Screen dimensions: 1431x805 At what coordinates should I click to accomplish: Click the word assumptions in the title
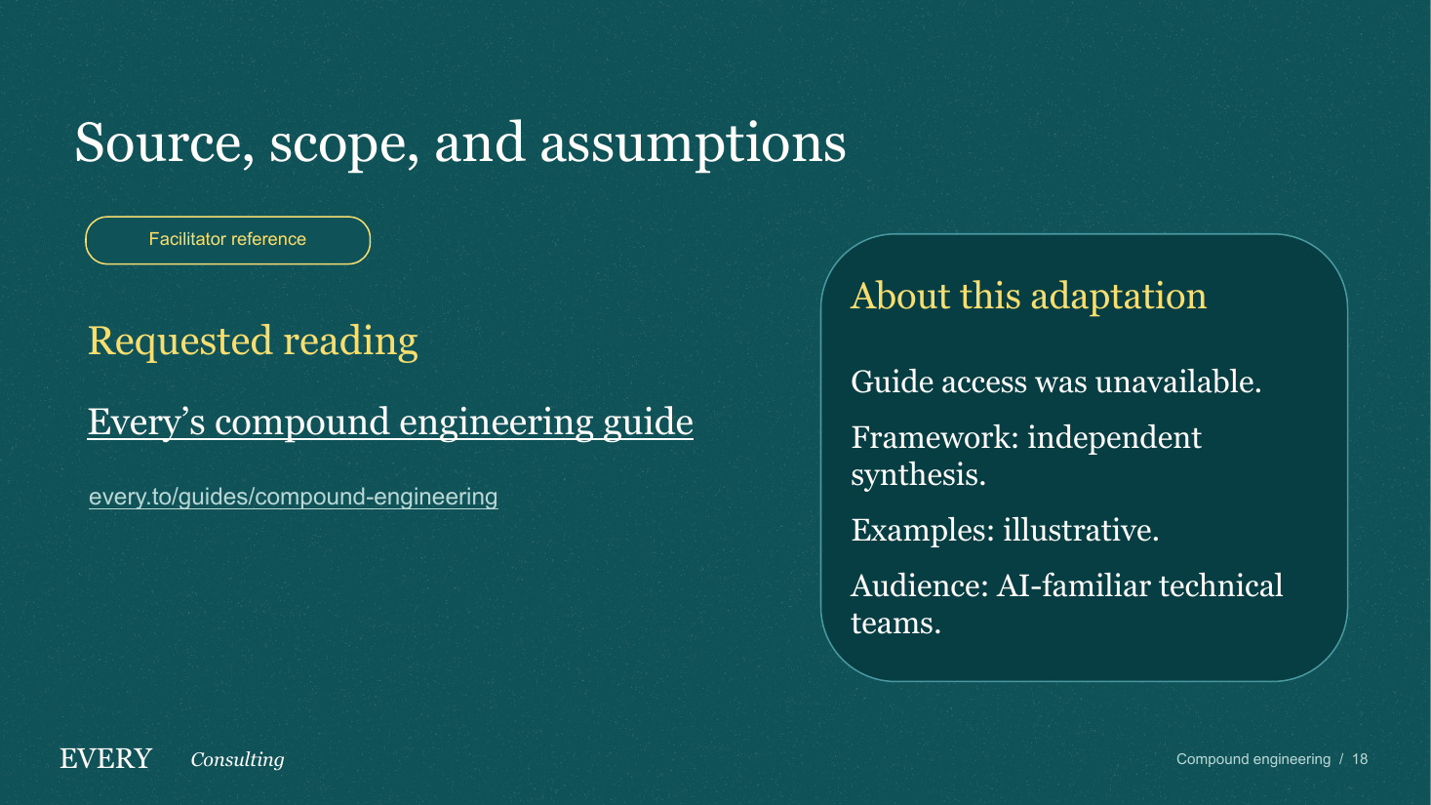point(693,144)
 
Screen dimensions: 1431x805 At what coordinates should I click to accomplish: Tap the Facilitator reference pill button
point(227,240)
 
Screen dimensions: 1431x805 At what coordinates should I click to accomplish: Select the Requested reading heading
point(253,342)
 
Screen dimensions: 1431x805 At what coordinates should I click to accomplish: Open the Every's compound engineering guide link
point(390,423)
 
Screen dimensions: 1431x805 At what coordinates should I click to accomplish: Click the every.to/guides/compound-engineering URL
point(294,497)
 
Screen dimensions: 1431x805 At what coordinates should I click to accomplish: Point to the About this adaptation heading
point(1028,297)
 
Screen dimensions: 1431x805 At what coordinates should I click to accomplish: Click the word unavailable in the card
point(1178,382)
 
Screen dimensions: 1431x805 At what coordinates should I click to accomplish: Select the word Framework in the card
point(934,438)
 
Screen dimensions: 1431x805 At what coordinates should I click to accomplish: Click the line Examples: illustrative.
point(1005,530)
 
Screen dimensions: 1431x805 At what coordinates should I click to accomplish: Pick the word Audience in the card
point(920,585)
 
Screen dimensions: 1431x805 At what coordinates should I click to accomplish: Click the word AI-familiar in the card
point(1074,585)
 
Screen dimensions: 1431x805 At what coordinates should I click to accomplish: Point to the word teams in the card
point(895,623)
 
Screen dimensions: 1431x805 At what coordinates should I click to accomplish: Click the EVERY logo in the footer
point(105,759)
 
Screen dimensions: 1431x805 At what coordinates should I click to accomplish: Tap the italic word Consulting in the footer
point(238,760)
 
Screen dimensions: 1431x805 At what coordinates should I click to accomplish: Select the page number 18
point(1360,759)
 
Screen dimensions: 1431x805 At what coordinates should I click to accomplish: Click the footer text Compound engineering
point(1253,759)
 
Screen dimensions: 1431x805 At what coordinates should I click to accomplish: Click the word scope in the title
point(343,144)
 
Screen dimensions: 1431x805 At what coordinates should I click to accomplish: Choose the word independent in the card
point(1114,439)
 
